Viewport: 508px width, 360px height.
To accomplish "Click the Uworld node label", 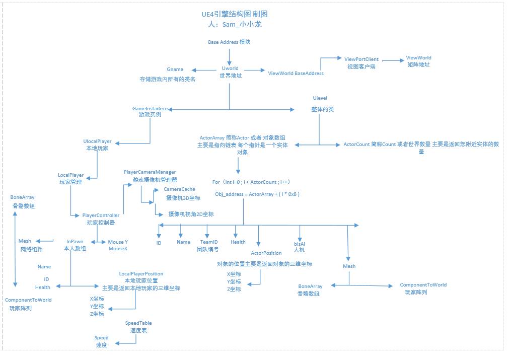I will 230,68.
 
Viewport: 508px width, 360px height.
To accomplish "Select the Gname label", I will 175,69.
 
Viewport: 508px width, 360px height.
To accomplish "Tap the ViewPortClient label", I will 361,59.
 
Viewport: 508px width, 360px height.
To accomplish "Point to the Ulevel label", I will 320,98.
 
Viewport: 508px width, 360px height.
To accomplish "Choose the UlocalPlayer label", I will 97,141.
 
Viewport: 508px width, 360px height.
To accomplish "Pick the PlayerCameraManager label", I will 150,172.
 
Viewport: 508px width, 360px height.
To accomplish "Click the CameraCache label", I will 179,189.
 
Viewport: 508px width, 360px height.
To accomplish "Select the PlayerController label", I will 101,215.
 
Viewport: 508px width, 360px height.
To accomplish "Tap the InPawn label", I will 75,242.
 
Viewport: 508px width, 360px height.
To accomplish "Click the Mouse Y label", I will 118,242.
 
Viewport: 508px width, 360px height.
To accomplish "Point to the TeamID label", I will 209,242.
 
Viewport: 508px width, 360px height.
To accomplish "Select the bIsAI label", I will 300,244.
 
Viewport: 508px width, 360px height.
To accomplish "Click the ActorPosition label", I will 266,253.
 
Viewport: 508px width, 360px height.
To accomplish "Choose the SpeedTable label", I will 138,323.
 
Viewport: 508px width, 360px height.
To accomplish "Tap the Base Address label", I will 229,42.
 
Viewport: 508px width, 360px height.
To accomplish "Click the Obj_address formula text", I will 257,194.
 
